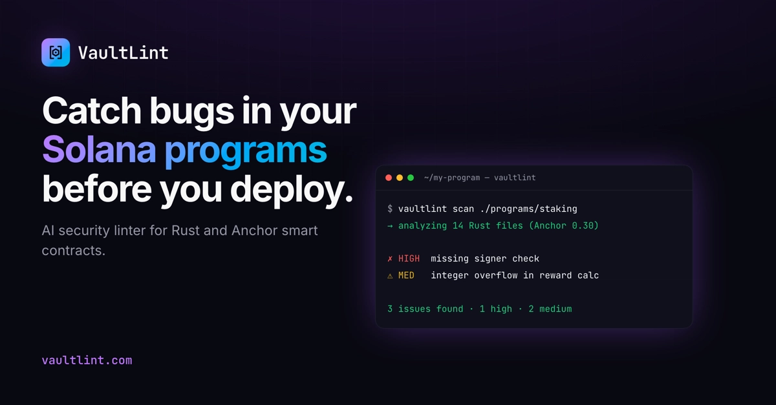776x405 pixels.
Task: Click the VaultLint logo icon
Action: click(x=56, y=52)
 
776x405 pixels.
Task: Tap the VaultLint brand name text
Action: click(x=124, y=53)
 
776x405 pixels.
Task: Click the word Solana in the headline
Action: click(x=99, y=150)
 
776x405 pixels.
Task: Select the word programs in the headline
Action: click(x=246, y=152)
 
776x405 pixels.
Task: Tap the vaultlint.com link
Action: click(x=87, y=360)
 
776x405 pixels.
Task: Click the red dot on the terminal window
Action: click(x=389, y=178)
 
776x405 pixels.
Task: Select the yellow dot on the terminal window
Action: click(x=400, y=178)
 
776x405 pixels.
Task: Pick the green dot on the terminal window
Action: click(x=411, y=178)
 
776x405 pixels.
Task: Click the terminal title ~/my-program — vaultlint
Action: click(x=480, y=178)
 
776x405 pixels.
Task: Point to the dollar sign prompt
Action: click(x=390, y=209)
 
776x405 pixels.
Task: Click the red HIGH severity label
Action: click(x=409, y=258)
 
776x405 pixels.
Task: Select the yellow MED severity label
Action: click(x=406, y=275)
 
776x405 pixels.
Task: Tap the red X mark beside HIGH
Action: click(x=390, y=258)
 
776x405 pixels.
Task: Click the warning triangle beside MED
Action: click(x=390, y=276)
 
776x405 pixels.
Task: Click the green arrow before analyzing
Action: click(x=390, y=225)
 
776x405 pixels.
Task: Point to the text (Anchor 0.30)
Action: click(x=564, y=225)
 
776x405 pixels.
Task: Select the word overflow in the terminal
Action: click(x=496, y=275)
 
